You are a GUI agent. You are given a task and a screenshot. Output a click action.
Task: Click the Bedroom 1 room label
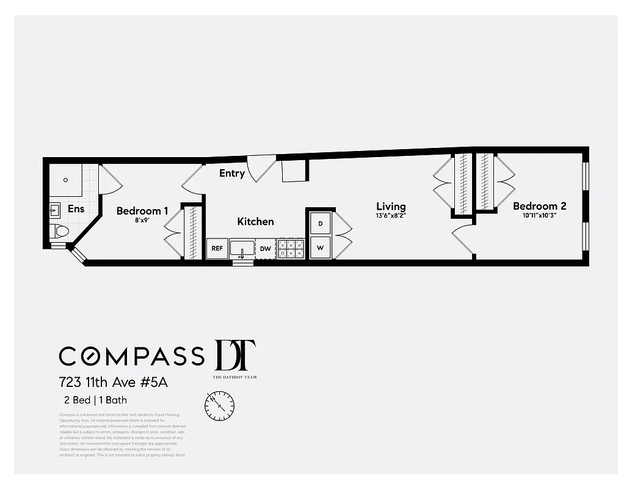pos(142,211)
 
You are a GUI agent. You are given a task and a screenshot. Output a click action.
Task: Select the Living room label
pos(391,207)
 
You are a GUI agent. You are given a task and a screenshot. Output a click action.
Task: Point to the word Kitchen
pos(255,221)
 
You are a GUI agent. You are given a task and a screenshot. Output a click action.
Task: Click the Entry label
pos(232,173)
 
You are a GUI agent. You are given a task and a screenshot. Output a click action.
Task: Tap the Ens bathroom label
pos(76,208)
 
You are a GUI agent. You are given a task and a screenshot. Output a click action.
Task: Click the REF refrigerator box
pos(217,249)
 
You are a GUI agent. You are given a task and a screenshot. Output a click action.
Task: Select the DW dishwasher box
pos(265,249)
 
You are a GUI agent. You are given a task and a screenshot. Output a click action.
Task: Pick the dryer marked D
pos(321,223)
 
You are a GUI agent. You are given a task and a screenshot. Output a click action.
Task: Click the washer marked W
pos(321,248)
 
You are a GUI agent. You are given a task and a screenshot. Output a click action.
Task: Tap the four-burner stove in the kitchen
pos(291,249)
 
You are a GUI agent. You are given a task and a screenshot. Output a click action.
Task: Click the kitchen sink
pos(242,249)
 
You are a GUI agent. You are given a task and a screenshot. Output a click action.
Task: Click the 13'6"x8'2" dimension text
pos(391,215)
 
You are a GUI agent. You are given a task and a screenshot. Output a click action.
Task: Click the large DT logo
pos(234,355)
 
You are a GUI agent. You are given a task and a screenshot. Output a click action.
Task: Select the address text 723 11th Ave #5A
pos(113,383)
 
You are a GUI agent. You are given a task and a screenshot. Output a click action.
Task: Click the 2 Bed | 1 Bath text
pos(96,401)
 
